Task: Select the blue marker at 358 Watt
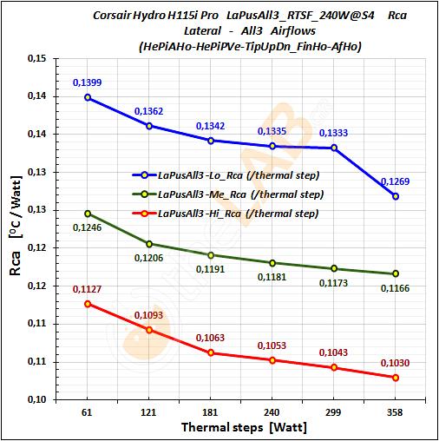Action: [x=396, y=196]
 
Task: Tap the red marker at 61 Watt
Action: [x=87, y=304]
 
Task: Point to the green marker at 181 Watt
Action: [x=210, y=255]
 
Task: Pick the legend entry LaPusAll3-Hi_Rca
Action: [x=229, y=213]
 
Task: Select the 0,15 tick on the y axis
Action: [x=35, y=58]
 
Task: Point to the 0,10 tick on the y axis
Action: [x=35, y=399]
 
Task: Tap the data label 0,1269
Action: [x=395, y=181]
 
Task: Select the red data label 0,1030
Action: [x=395, y=363]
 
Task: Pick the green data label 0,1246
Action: [x=87, y=228]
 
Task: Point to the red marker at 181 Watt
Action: [x=210, y=352]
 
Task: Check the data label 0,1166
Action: [x=395, y=287]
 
